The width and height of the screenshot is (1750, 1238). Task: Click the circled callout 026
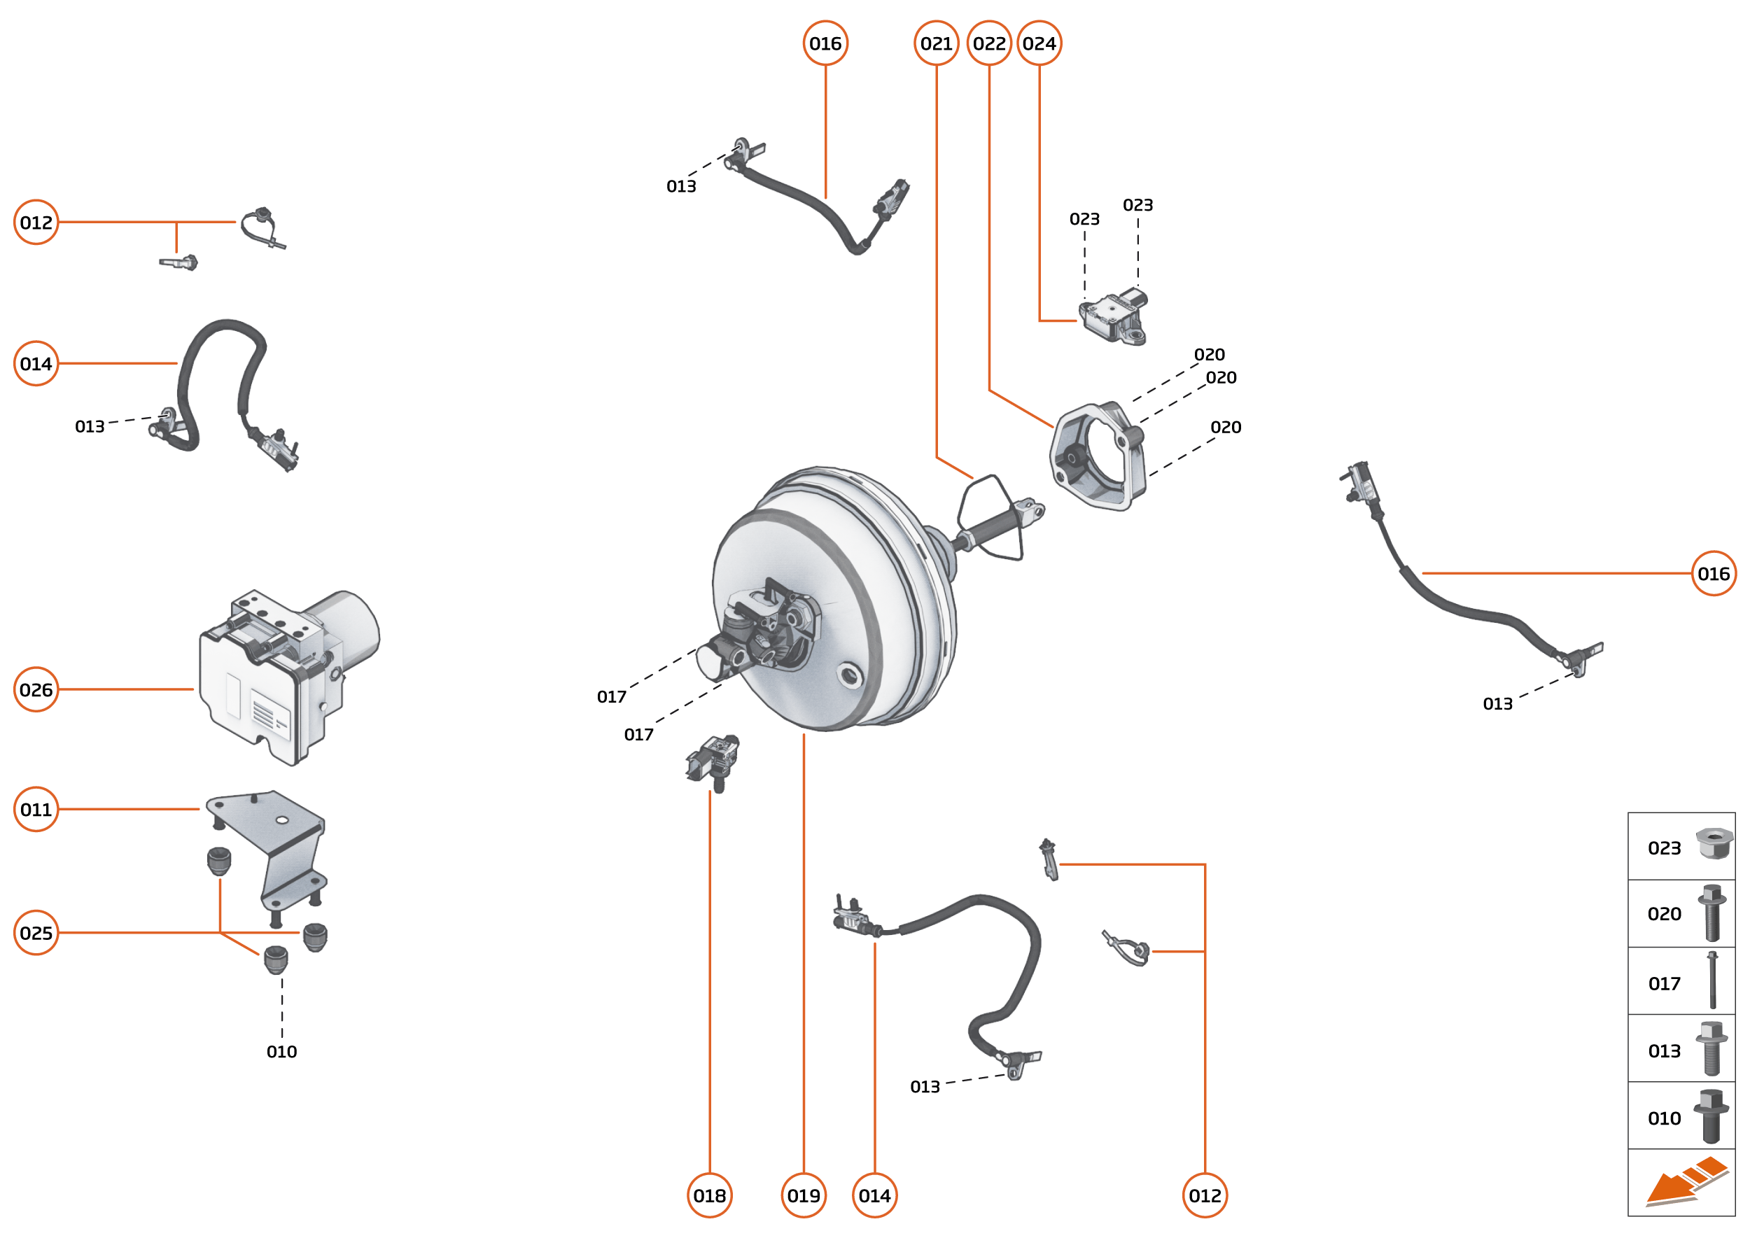[36, 689]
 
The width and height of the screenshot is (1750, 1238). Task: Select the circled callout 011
[36, 809]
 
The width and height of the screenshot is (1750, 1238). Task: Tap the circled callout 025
[36, 932]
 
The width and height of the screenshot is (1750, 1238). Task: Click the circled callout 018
[709, 1195]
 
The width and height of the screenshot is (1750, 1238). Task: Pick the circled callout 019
[804, 1195]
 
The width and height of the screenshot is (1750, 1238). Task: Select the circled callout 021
[937, 43]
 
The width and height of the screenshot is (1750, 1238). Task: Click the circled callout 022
[989, 43]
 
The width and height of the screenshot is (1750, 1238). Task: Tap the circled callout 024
[1039, 43]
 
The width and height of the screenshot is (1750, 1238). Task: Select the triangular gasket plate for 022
[1098, 458]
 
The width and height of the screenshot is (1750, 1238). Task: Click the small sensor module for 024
[1113, 316]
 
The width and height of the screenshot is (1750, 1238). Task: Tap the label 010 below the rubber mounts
[281, 1051]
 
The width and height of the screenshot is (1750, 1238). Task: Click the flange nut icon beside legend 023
[1714, 844]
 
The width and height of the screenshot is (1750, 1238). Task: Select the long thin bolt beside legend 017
[1713, 980]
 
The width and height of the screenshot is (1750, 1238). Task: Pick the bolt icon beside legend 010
[1710, 1116]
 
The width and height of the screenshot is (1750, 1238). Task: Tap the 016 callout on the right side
[1714, 573]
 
